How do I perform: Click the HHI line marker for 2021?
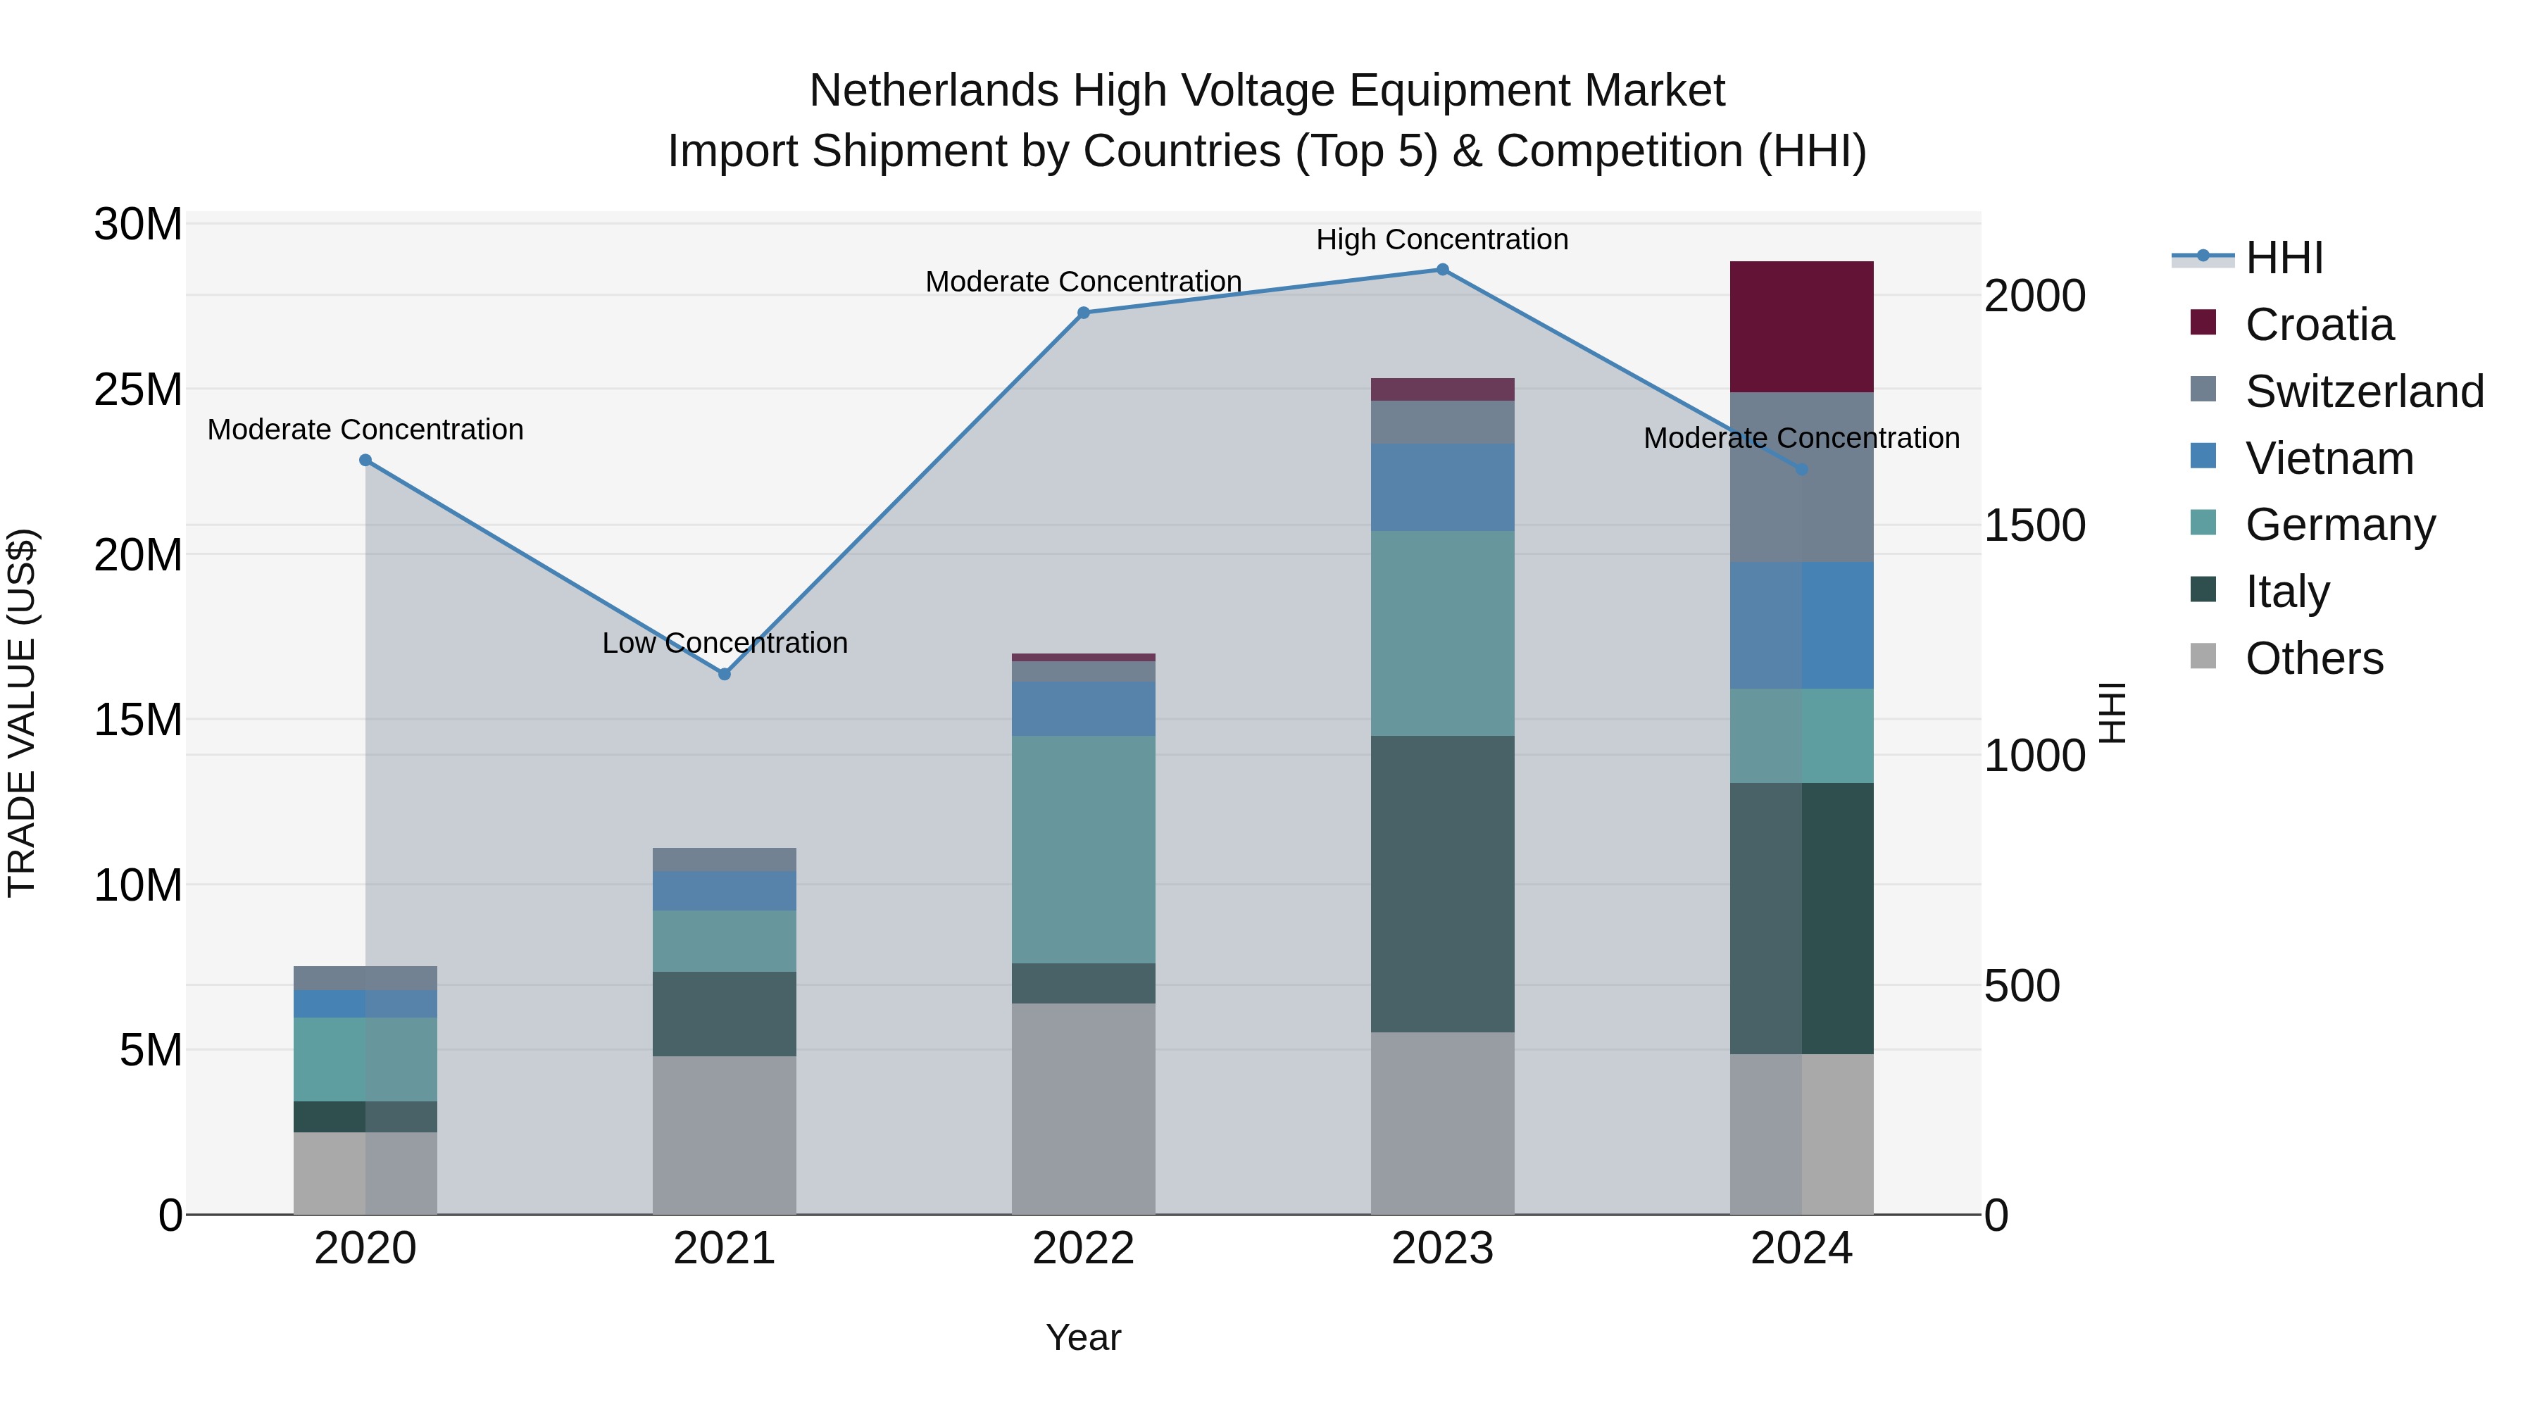725,674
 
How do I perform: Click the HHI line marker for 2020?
365,460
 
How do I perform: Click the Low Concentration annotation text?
725,643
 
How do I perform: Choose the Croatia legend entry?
2319,325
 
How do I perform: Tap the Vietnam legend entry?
2329,458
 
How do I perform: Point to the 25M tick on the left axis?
138,389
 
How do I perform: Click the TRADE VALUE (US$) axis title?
22,713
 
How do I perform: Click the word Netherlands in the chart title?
933,91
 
